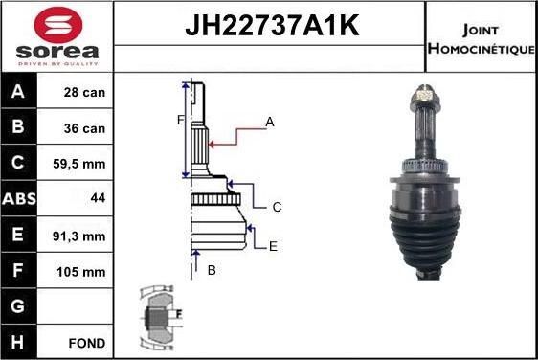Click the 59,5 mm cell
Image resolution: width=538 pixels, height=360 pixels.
click(80, 164)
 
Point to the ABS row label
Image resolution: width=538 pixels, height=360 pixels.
click(20, 199)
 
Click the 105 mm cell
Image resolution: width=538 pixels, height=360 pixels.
click(80, 271)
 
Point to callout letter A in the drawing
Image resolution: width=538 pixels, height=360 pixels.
click(270, 122)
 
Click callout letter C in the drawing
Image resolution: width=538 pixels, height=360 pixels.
click(276, 207)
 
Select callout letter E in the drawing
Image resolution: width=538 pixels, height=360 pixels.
click(273, 246)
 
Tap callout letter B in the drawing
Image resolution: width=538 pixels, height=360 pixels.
click(212, 270)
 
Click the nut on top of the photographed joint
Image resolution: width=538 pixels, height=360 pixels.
click(425, 96)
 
